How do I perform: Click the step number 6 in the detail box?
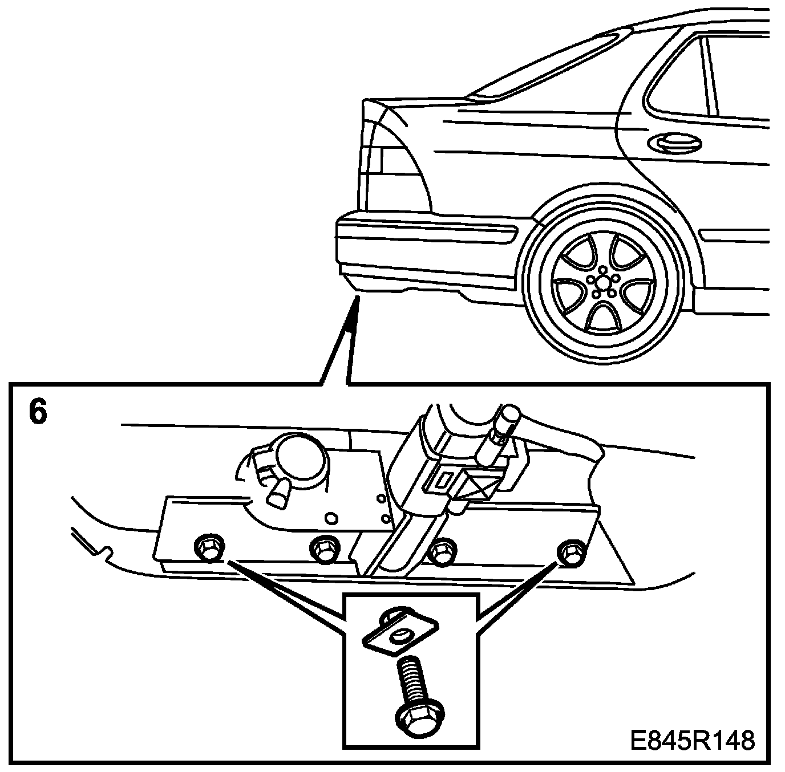click(x=38, y=413)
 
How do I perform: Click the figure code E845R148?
click(x=693, y=741)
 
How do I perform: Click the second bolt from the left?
click(x=323, y=549)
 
